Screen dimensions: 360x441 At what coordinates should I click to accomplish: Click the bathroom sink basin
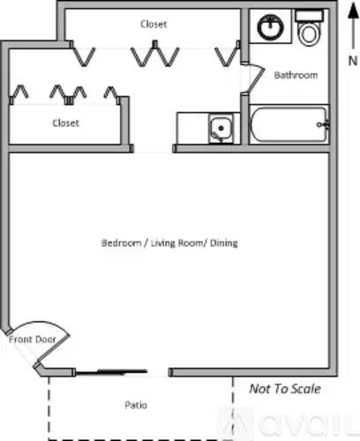coord(271,26)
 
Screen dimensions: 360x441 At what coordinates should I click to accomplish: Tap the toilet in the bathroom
coord(309,28)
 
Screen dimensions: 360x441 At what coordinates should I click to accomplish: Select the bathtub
coord(289,124)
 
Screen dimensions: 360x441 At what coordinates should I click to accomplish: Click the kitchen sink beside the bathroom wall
coord(221,129)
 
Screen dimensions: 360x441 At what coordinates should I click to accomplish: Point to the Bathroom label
coord(296,75)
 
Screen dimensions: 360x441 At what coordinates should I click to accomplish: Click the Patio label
coord(136,405)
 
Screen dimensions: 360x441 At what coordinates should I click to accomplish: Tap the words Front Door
coord(33,340)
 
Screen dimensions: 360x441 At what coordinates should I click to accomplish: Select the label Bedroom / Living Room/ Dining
coord(169,243)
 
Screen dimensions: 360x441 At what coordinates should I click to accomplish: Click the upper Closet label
coord(154,24)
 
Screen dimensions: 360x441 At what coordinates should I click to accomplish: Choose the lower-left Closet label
coord(65,123)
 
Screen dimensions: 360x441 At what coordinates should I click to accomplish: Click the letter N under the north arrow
coord(353,61)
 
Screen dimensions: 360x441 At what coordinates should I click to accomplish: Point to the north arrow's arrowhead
coord(353,11)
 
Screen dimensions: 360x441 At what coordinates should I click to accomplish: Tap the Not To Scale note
coord(285,389)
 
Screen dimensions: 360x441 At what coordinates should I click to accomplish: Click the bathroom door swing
coord(256,78)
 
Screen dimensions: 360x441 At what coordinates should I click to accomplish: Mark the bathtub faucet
coord(323,124)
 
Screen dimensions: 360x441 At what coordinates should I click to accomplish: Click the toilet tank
coord(310,15)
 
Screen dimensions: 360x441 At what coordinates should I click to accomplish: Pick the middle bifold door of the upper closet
coord(155,54)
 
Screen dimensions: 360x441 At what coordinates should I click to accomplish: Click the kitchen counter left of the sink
coord(192,129)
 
